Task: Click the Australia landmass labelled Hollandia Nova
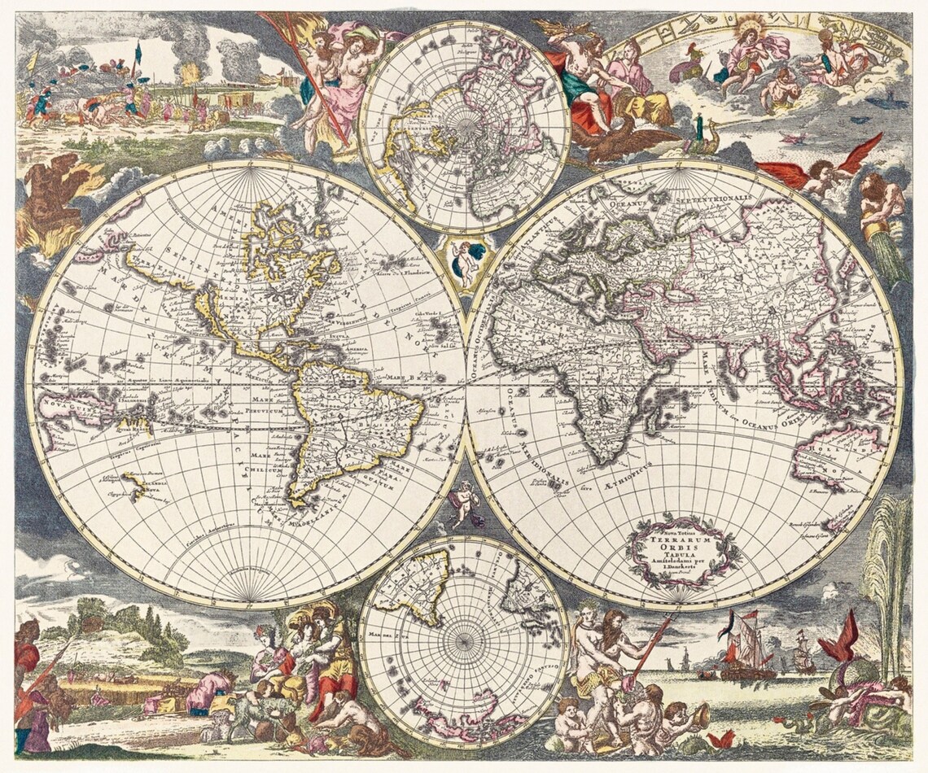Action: [x=834, y=464]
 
